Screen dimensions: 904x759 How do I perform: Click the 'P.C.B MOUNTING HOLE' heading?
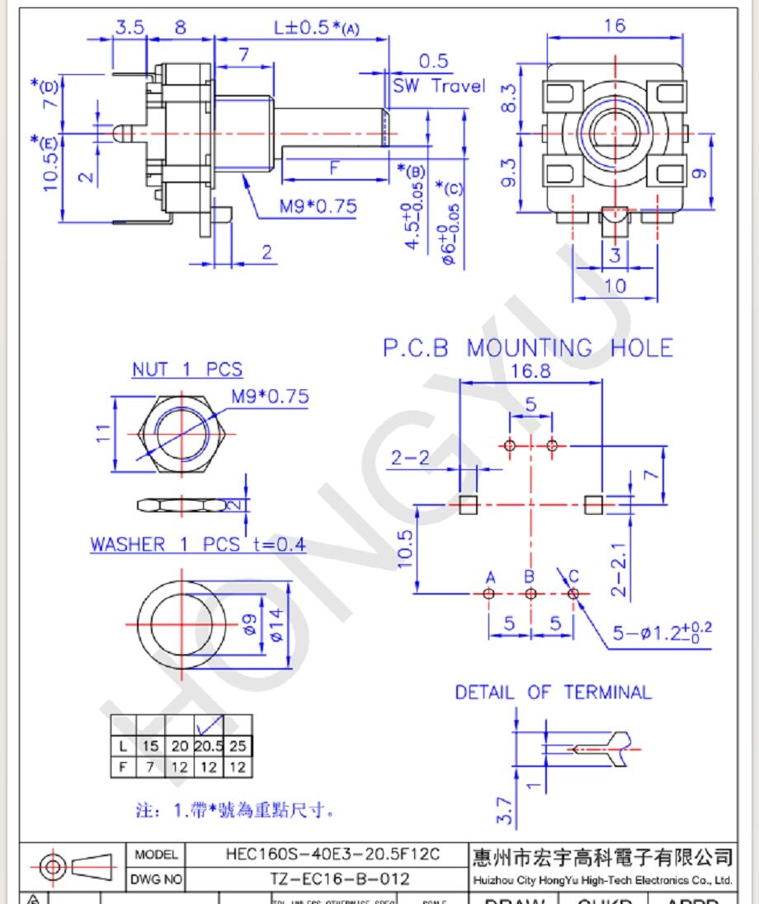point(527,348)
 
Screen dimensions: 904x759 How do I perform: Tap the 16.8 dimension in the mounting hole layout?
point(530,371)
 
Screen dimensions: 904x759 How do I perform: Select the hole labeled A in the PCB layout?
point(489,593)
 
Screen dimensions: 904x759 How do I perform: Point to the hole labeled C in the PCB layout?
point(573,593)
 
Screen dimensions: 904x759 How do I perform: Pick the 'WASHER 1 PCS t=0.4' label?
point(197,544)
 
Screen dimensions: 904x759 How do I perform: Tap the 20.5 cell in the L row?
point(209,746)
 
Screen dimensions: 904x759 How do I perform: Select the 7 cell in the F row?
point(150,767)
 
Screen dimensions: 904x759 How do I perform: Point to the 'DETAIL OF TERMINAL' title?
point(553,692)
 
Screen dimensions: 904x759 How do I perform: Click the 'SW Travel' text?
point(438,86)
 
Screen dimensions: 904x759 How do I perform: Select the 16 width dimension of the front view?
point(614,26)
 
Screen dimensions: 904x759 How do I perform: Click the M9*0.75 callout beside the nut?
point(269,397)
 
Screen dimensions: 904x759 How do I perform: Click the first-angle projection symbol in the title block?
point(74,867)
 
